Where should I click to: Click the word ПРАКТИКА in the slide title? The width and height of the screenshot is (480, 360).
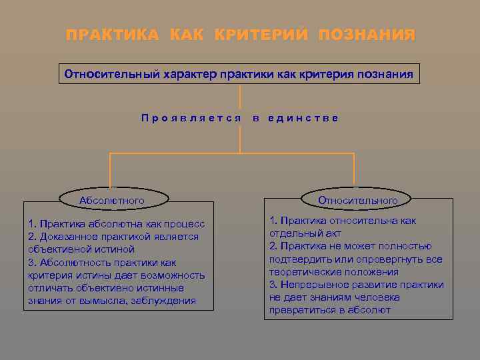tap(112, 34)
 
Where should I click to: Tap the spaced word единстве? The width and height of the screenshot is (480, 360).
tap(304, 118)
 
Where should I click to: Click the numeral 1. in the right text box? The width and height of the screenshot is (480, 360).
tap(273, 221)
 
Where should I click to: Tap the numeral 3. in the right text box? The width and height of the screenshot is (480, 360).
tap(273, 285)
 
